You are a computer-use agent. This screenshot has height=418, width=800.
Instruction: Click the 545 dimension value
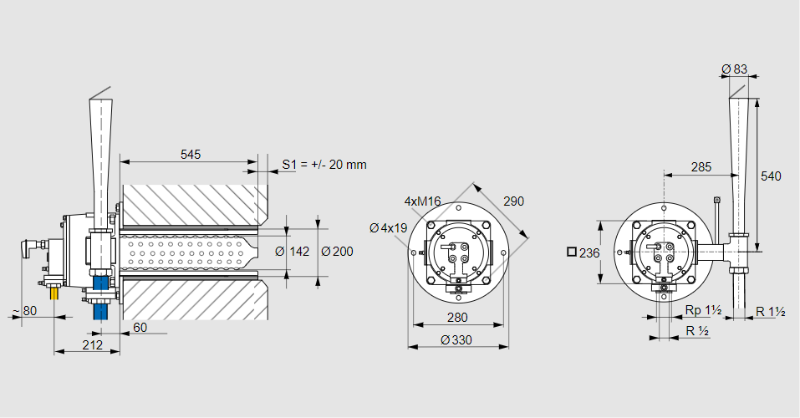[x=190, y=155]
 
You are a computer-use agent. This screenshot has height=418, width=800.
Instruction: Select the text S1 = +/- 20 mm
[x=324, y=165]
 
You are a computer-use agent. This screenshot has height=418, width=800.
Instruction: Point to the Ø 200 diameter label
[x=336, y=252]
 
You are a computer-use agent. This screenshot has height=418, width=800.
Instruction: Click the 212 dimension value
[x=93, y=344]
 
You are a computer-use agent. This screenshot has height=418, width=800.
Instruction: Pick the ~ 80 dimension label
[x=24, y=312]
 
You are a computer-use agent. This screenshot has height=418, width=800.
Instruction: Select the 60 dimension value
[x=140, y=328]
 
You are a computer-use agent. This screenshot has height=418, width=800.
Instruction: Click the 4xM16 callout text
[x=422, y=201]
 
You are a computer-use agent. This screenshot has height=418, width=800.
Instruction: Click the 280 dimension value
[x=456, y=318]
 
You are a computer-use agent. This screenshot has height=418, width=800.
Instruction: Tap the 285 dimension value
[x=702, y=167]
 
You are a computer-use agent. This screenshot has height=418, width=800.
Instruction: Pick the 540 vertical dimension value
[x=772, y=176]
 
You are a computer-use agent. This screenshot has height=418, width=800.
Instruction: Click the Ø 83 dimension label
[x=734, y=69]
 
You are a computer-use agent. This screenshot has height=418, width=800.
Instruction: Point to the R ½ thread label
[x=697, y=331]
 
